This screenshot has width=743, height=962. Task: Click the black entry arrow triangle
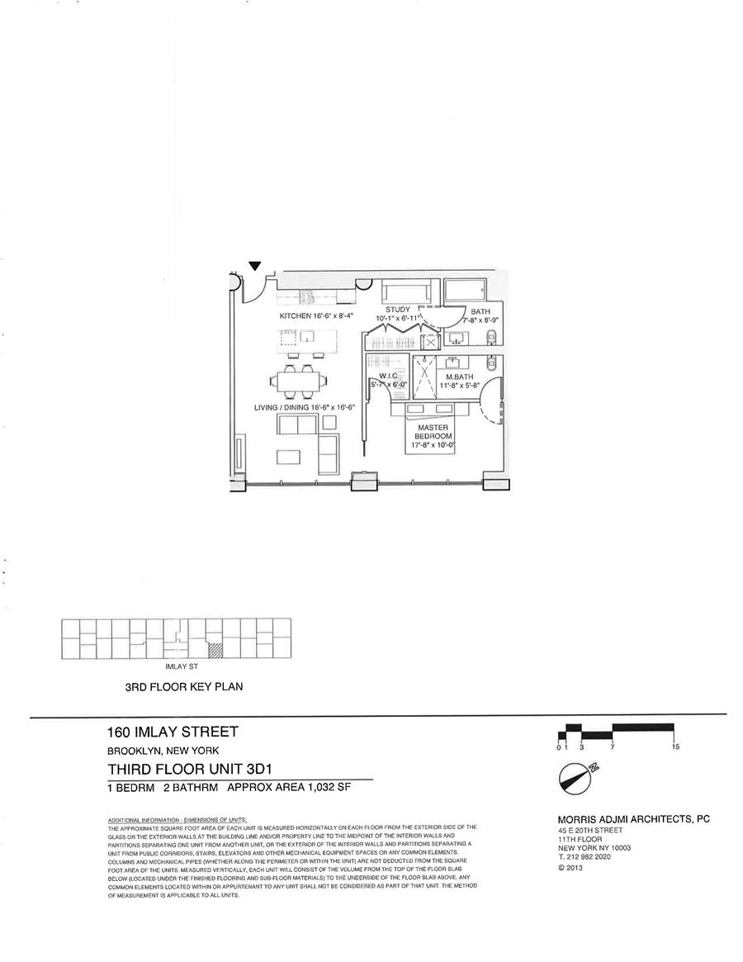[255, 265]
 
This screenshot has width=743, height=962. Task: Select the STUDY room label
[397, 310]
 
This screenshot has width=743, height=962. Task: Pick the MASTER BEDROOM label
[433, 431]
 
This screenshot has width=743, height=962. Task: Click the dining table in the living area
[297, 381]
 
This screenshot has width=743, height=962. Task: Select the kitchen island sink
[306, 336]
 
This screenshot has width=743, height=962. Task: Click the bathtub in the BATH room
[465, 291]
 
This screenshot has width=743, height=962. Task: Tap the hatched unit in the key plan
[215, 651]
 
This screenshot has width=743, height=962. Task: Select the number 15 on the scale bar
[675, 747]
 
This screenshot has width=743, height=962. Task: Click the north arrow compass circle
[575, 778]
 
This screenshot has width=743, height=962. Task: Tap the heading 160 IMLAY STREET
[173, 731]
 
